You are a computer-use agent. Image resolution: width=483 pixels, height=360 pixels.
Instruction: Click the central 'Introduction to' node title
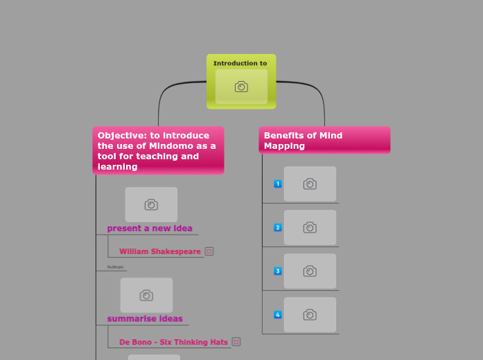click(240, 63)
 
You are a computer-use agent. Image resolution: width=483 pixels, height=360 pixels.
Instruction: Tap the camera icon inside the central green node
click(241, 87)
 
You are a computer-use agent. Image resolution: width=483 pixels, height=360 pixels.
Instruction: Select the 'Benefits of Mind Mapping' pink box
click(324, 140)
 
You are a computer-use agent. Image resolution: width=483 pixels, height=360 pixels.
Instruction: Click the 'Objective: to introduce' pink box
click(158, 151)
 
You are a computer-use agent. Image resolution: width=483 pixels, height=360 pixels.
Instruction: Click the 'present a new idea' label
click(150, 228)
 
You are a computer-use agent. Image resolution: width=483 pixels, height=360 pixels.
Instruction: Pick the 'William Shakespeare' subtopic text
click(160, 251)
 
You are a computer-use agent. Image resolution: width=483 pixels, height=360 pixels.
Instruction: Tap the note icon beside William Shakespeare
click(209, 251)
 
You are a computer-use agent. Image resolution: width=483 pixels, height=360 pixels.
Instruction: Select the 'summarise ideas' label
click(145, 319)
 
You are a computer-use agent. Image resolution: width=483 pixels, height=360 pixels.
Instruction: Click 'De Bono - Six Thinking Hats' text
click(173, 342)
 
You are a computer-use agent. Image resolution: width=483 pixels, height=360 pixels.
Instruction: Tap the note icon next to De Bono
click(236, 341)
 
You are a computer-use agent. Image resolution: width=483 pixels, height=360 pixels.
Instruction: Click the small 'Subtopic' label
click(115, 267)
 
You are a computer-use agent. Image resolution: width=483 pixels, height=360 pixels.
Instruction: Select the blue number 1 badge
click(278, 184)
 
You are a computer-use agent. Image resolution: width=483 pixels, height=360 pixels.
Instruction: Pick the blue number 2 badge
click(278, 228)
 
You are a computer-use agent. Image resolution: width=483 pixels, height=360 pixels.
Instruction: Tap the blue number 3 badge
click(278, 271)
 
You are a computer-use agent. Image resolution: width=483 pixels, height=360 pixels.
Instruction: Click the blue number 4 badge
click(278, 315)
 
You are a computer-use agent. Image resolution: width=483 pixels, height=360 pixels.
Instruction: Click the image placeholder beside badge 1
click(310, 184)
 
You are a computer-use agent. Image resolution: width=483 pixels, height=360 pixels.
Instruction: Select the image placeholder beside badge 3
click(310, 271)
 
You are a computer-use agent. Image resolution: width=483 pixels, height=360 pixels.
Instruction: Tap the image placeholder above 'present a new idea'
click(151, 204)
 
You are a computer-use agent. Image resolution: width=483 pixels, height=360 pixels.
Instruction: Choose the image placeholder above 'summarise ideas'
click(146, 295)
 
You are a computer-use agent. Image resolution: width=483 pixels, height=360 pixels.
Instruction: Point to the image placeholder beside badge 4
click(310, 315)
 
